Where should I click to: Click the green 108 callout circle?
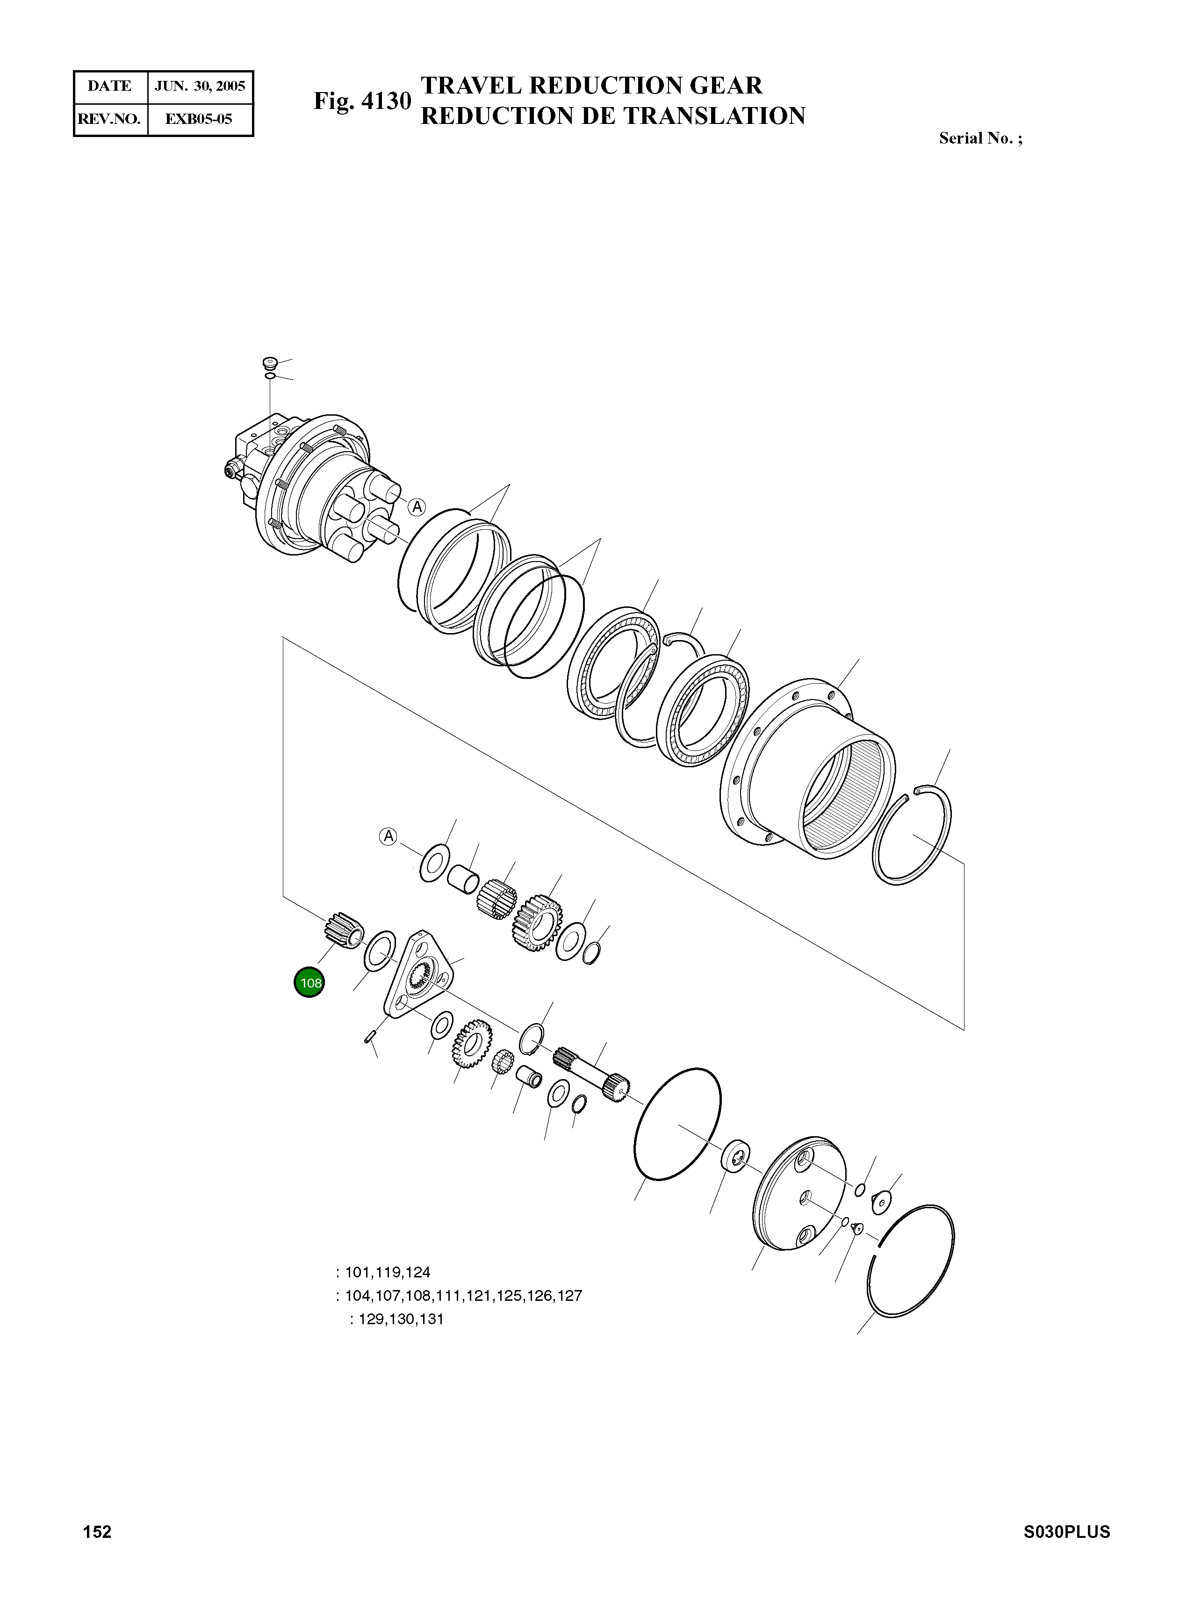pos(309,982)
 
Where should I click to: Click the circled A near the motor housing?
pos(417,507)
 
